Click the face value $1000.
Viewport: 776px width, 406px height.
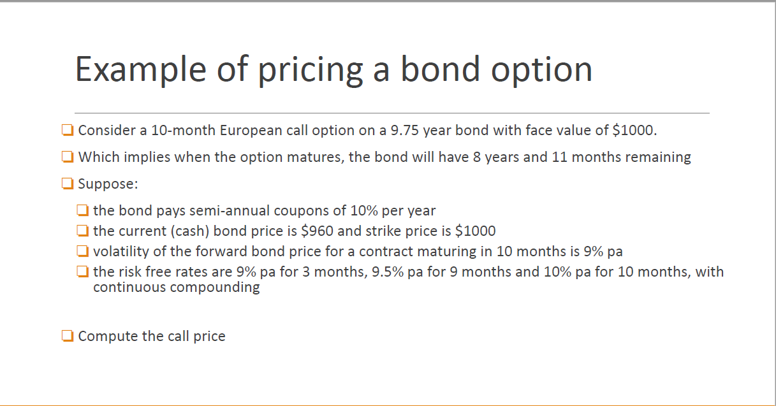[633, 131]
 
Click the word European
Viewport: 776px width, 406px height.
[254, 131]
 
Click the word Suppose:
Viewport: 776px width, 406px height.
[108, 184]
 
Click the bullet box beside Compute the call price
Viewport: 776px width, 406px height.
[68, 336]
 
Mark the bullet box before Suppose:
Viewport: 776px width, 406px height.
[68, 184]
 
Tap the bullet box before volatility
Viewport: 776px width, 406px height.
[82, 251]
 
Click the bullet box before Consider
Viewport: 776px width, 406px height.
[68, 131]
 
